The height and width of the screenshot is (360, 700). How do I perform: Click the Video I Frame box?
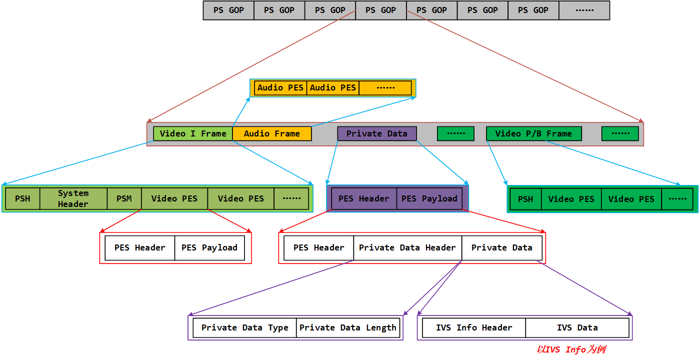tap(193, 133)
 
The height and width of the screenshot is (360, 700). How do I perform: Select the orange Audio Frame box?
tap(272, 133)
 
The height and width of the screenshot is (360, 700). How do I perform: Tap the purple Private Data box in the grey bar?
tap(376, 133)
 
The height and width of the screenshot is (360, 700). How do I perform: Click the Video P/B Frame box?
tap(533, 133)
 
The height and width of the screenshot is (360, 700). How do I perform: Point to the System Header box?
tap(73, 198)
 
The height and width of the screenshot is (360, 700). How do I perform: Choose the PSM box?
tap(124, 198)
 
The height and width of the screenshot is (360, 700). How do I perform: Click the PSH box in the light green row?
tap(22, 198)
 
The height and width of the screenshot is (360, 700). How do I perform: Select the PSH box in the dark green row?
tap(525, 199)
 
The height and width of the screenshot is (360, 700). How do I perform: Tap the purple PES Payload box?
tap(429, 198)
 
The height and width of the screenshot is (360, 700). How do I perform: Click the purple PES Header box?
tap(363, 198)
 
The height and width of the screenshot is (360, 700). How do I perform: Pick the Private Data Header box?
tap(407, 247)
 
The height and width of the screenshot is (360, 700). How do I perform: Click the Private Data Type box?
tap(244, 327)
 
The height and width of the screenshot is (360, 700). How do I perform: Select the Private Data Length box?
tap(348, 327)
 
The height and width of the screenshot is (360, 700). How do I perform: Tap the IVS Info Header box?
tap(474, 327)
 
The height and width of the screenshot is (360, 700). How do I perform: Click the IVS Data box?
tap(577, 327)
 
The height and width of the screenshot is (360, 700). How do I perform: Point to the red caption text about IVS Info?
tap(571, 349)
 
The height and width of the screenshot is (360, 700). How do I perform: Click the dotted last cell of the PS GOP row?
tap(584, 10)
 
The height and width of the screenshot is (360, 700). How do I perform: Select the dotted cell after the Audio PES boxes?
tap(385, 87)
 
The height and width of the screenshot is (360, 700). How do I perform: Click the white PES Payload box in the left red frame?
tap(209, 247)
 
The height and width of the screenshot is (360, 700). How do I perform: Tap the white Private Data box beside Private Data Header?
tap(501, 247)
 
